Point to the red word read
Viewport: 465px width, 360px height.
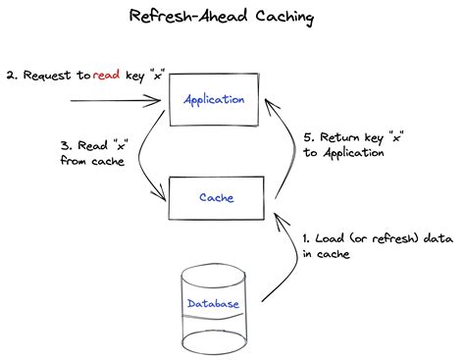pyautogui.click(x=109, y=75)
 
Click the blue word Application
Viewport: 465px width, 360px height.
pyautogui.click(x=215, y=100)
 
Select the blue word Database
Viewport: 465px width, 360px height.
pyautogui.click(x=213, y=304)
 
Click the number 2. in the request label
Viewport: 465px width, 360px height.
pyautogui.click(x=11, y=75)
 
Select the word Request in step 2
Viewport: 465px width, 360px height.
pyautogui.click(x=49, y=75)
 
